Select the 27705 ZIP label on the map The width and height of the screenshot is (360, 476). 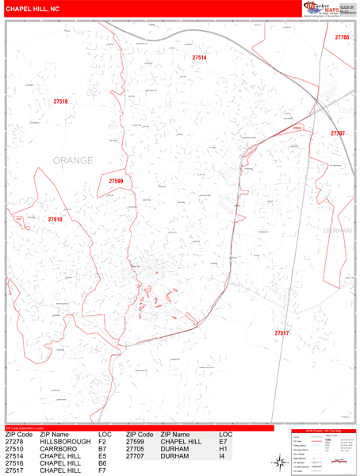tap(342, 38)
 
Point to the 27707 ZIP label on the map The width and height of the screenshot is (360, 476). tap(338, 133)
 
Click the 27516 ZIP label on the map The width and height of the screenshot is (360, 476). tap(61, 102)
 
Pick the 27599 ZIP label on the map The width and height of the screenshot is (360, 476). tap(116, 182)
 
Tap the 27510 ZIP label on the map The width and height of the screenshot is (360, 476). tap(55, 219)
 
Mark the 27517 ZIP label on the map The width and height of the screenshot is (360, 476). tap(281, 332)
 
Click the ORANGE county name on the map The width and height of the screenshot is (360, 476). tap(73, 161)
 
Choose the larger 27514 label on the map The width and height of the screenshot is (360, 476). tap(199, 58)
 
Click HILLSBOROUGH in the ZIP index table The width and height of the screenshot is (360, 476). tap(64, 442)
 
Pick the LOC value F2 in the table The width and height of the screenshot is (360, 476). tap(102, 442)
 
